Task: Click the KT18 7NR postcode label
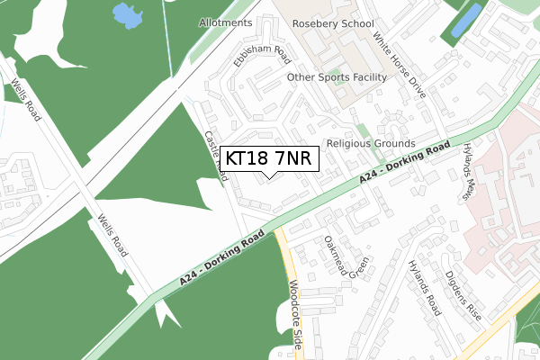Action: [x=268, y=158]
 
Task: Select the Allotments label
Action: [x=226, y=22]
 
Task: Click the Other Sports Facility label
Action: [x=337, y=77]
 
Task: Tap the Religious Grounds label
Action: [x=370, y=143]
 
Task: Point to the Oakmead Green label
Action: [x=346, y=255]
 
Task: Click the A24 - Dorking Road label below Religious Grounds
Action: [x=405, y=163]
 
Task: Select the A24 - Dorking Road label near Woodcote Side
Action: [x=221, y=256]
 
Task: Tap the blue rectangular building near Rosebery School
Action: [x=465, y=20]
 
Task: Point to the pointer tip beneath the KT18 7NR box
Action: [x=268, y=177]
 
